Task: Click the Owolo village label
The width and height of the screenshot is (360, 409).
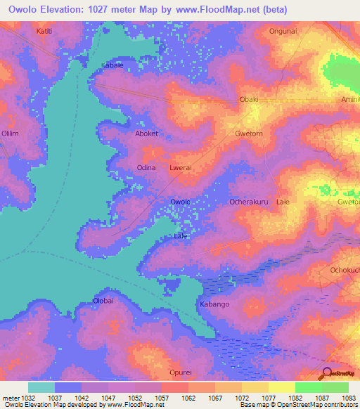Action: (181, 202)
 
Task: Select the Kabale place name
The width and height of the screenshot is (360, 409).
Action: (112, 65)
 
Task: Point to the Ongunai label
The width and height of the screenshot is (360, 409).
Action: (283, 31)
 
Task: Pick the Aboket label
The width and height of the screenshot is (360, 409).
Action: (147, 133)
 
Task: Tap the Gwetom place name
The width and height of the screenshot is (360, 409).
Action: (248, 133)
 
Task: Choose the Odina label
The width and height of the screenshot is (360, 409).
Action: (146, 167)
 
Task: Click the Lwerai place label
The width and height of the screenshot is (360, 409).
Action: (181, 168)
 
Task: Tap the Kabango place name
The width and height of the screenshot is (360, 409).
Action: (215, 304)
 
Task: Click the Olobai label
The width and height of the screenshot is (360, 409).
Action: (103, 301)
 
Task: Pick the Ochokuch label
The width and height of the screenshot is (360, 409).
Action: (345, 270)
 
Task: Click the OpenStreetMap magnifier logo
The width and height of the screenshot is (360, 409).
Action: (326, 372)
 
